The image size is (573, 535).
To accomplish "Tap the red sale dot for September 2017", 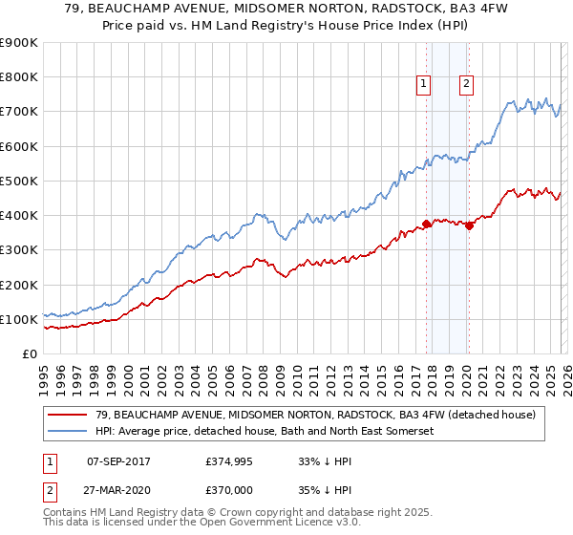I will tap(426, 225).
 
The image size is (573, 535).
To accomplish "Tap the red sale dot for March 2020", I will tap(469, 226).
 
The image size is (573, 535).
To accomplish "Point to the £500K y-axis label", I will tap(19, 181).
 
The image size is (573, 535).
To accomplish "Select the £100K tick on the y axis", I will tap(19, 319).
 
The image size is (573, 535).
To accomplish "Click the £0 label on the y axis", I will tap(29, 353).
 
